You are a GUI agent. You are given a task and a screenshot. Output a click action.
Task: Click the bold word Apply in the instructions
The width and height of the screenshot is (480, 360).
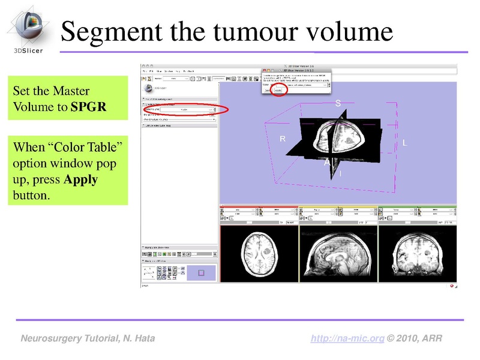(x=80, y=179)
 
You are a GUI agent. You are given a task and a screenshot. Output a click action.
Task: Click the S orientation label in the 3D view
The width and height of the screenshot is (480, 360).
(x=338, y=103)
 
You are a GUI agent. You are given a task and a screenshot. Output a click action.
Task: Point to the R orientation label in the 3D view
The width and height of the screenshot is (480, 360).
(x=283, y=139)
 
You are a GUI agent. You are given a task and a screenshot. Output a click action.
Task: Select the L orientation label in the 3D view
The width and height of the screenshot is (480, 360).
(x=404, y=143)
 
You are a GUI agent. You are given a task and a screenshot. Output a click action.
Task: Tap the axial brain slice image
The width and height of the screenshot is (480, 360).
(x=259, y=254)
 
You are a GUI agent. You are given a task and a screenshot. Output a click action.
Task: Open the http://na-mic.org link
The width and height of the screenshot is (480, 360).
(x=347, y=339)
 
